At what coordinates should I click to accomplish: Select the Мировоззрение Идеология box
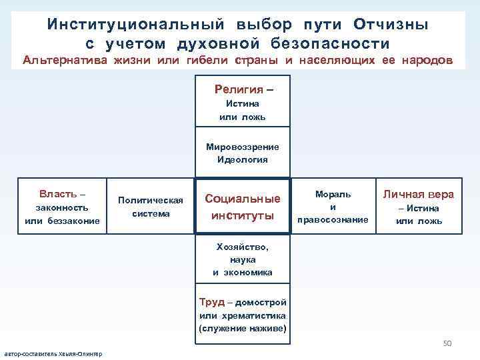coord(243,153)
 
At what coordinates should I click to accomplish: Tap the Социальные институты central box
coord(243,207)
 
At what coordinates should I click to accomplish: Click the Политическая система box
coord(150,207)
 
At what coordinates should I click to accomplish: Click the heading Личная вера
coord(418,194)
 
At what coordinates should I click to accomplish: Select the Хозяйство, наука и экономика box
coord(243,259)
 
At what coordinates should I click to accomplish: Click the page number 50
coord(447,343)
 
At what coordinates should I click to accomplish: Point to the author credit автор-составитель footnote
coord(53,353)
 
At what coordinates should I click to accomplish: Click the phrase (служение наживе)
coord(242,329)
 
